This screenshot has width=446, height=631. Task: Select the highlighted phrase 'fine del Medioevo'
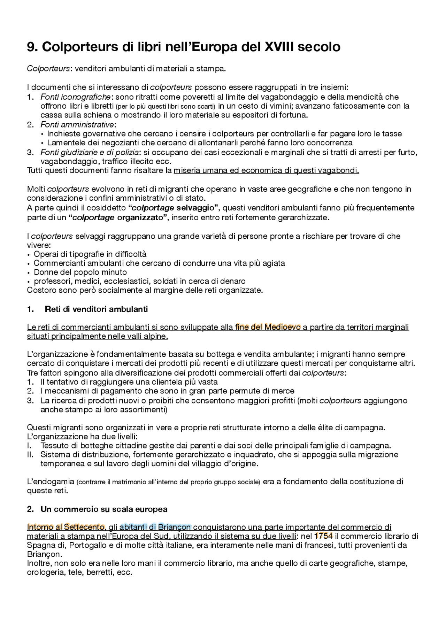268,327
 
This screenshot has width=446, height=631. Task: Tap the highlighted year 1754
323,536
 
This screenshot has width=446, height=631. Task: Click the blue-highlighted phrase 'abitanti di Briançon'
155,527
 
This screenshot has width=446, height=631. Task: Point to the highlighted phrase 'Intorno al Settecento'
66,527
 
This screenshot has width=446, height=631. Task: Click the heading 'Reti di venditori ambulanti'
96,309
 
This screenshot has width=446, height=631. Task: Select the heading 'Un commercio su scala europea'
104,509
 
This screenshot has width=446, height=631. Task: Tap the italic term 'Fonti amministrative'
77,124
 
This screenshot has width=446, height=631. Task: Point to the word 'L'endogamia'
51,482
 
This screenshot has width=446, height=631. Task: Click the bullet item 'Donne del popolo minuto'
80,272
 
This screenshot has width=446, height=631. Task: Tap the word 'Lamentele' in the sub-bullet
64,143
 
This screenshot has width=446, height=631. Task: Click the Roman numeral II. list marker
30,455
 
